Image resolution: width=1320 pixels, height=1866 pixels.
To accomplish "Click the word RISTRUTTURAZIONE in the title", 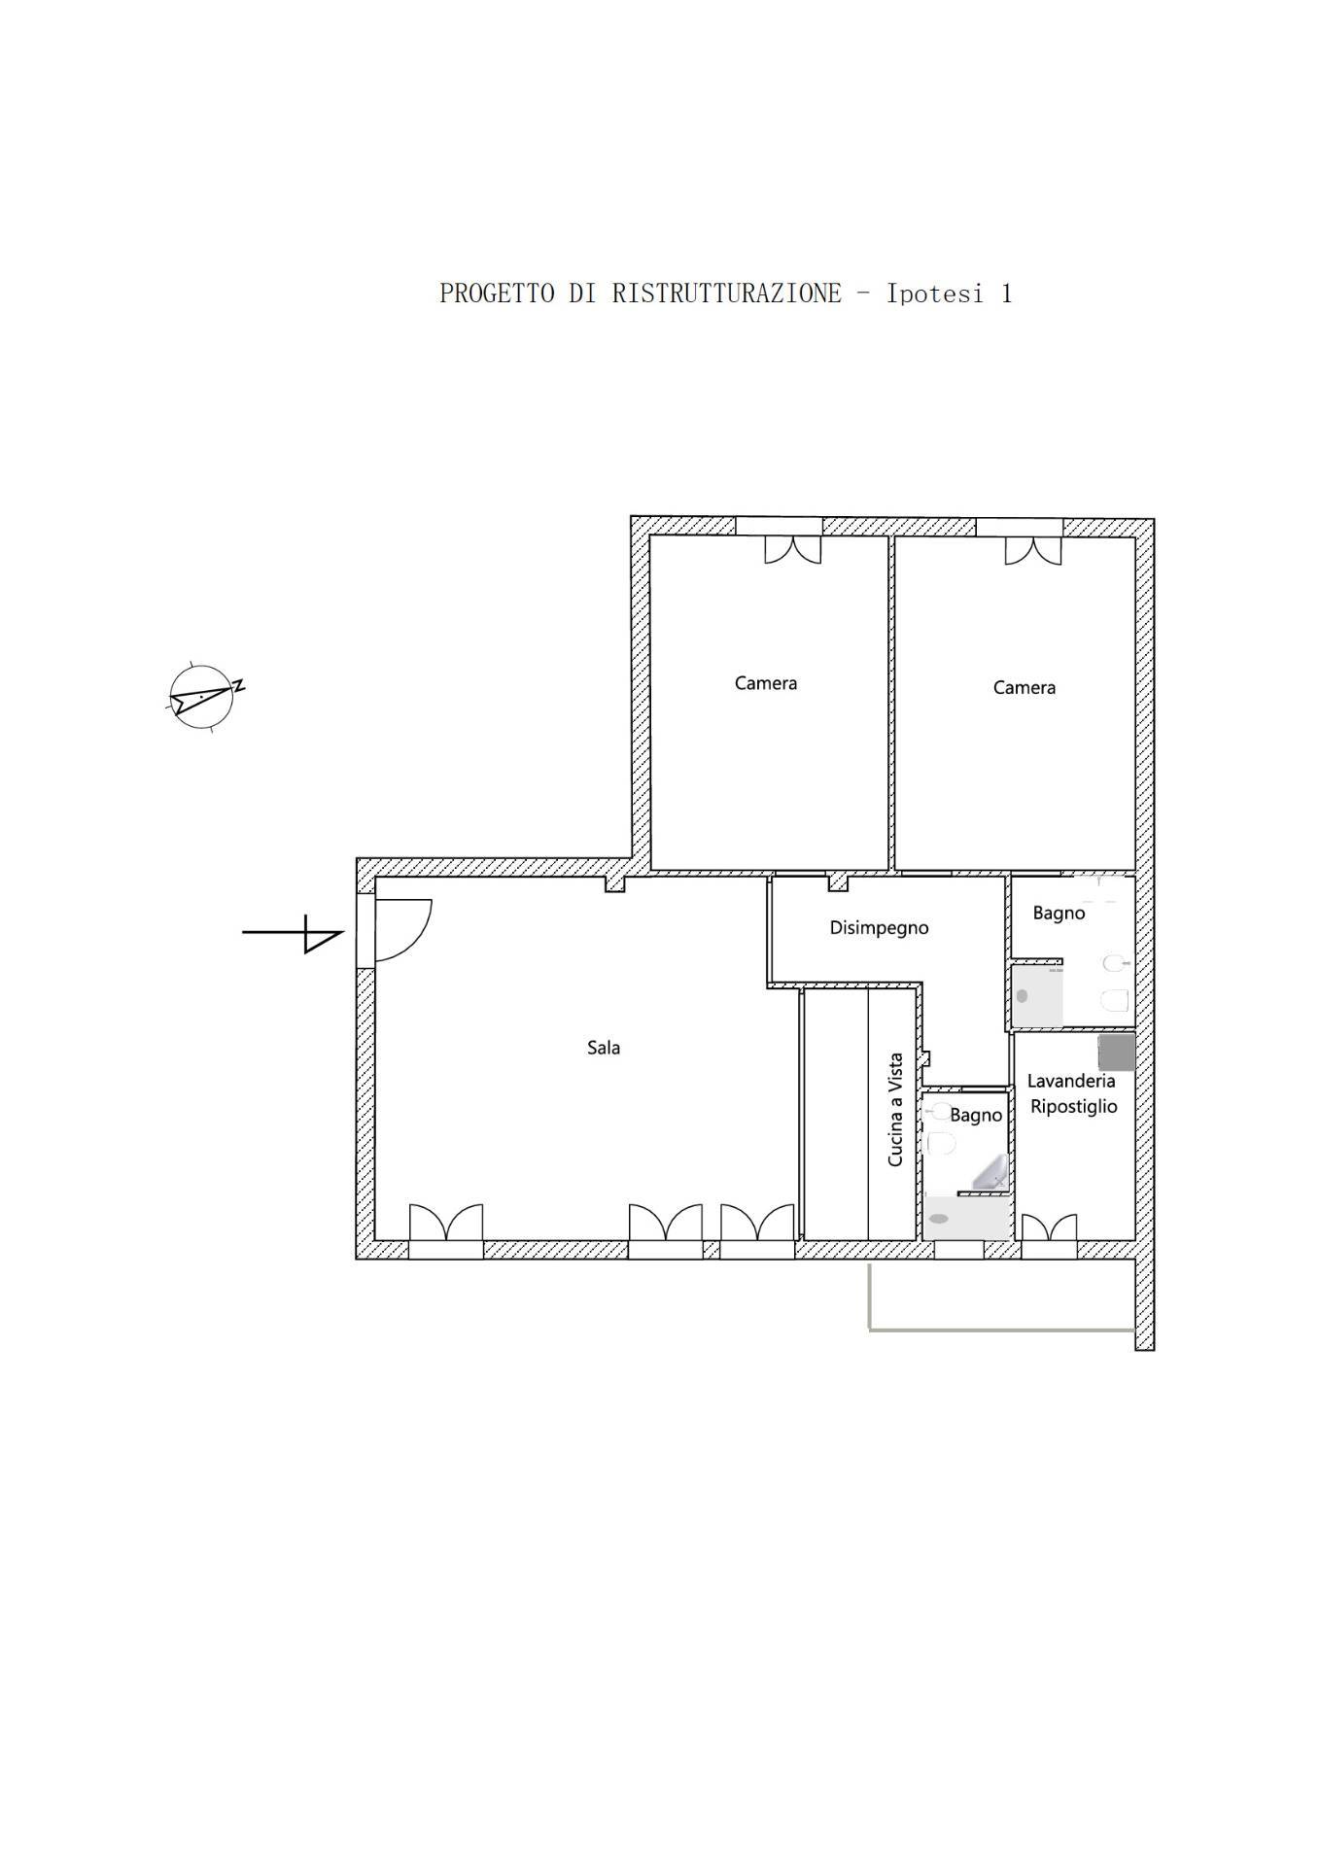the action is pyautogui.click(x=726, y=294).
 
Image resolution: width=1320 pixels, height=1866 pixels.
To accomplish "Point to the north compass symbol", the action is pyautogui.click(x=203, y=698).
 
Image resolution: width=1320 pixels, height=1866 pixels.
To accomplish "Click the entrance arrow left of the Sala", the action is pyautogui.click(x=293, y=933).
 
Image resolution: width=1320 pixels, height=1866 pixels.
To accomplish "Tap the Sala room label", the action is pyautogui.click(x=604, y=1048).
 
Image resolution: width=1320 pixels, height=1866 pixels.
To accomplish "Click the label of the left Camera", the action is pyautogui.click(x=766, y=683).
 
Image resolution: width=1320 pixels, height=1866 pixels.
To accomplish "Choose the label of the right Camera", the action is pyautogui.click(x=1025, y=688).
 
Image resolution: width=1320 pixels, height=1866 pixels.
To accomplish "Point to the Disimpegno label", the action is pyautogui.click(x=879, y=928).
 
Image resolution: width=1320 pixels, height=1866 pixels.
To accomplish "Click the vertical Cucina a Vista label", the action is pyautogui.click(x=895, y=1110).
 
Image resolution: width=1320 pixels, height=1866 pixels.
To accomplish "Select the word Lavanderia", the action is pyautogui.click(x=1071, y=1081).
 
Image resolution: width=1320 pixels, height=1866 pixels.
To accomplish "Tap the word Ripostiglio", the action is pyautogui.click(x=1074, y=1107).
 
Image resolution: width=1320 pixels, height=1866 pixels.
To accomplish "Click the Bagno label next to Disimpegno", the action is pyautogui.click(x=1059, y=914).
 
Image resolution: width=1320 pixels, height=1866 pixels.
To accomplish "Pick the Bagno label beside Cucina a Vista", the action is pyautogui.click(x=976, y=1116).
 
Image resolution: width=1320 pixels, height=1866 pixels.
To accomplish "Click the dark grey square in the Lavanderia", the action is pyautogui.click(x=1117, y=1053).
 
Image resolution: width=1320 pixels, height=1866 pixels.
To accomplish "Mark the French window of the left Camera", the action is pyautogui.click(x=792, y=549).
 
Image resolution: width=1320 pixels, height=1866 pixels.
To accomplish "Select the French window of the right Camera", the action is pyautogui.click(x=1033, y=549).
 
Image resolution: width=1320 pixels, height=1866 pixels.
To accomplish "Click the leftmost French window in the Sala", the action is pyautogui.click(x=445, y=1223).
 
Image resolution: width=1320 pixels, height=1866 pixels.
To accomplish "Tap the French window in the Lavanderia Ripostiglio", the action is pyautogui.click(x=1049, y=1227).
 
